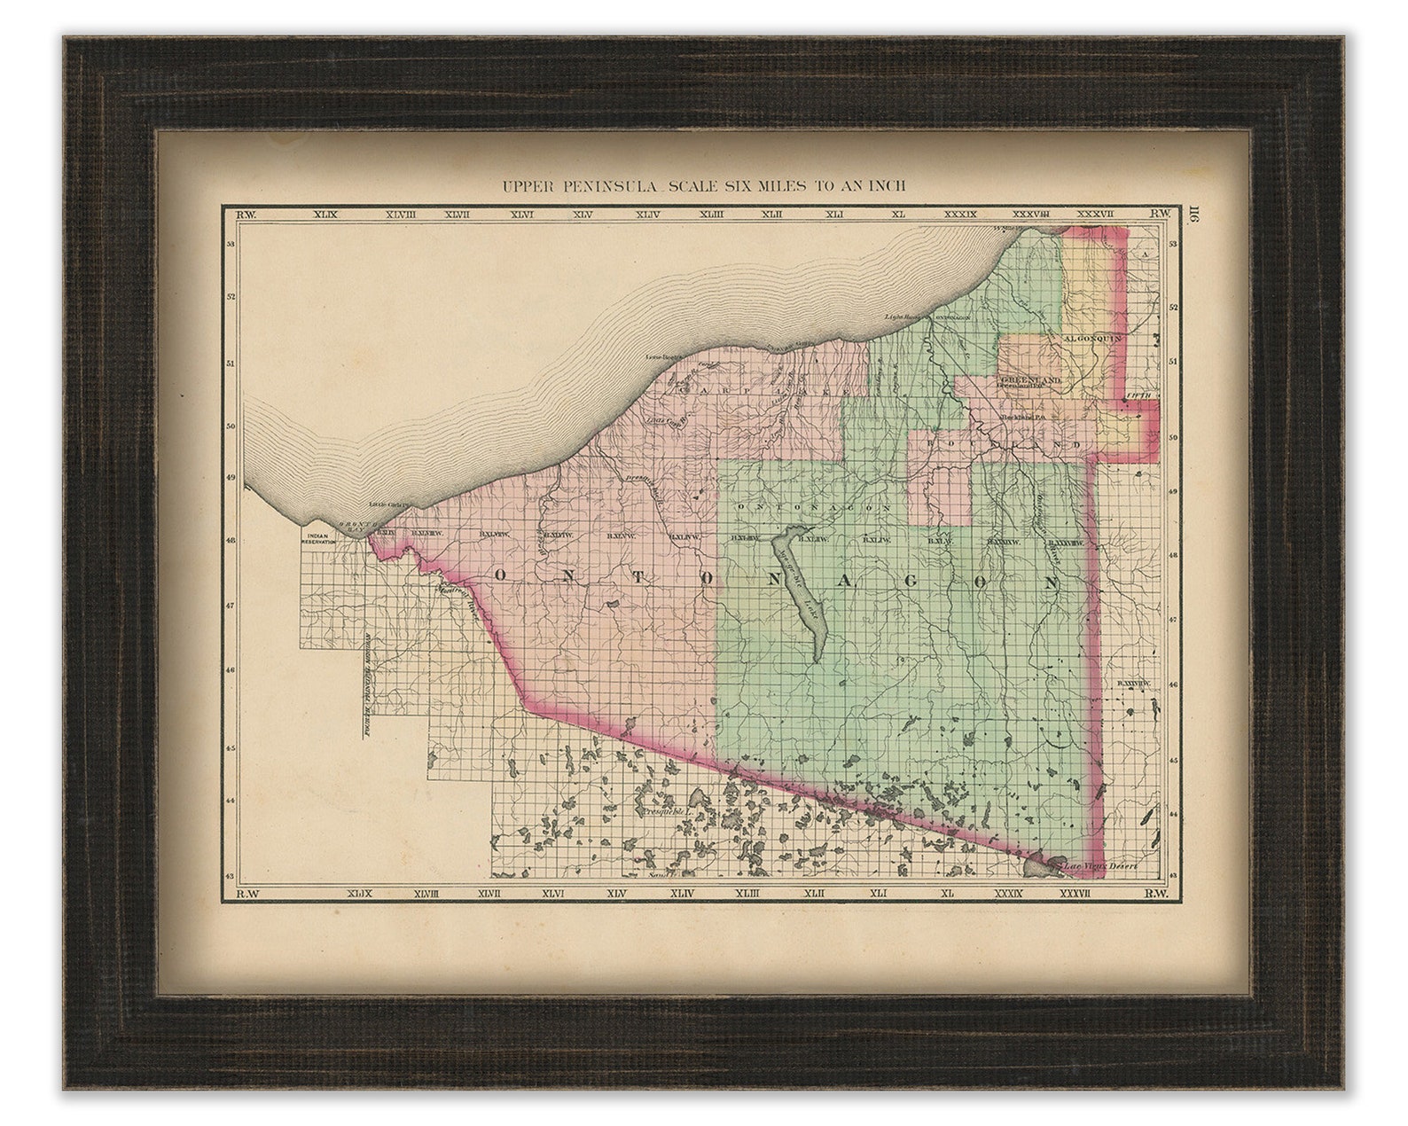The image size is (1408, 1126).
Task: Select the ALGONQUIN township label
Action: (x=1093, y=338)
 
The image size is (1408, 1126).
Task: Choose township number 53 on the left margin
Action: (x=231, y=244)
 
